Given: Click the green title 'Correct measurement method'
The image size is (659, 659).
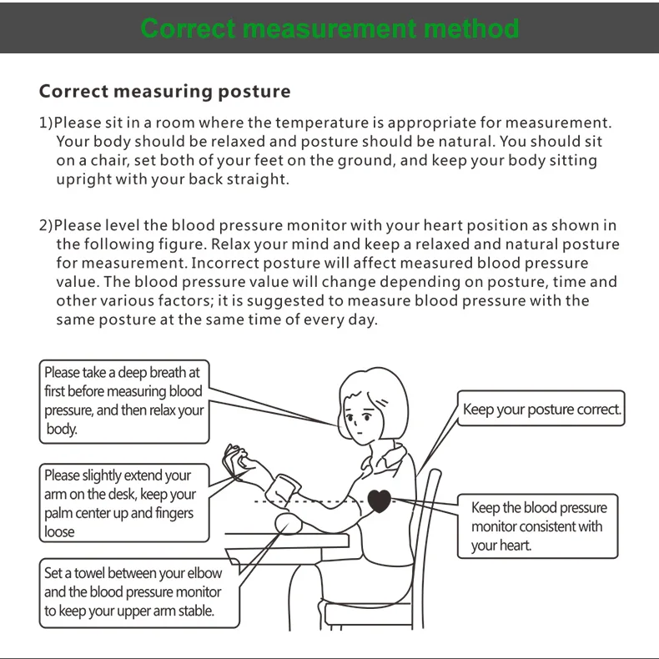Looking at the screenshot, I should tap(329, 28).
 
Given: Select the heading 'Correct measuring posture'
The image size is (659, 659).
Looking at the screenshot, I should tap(165, 91).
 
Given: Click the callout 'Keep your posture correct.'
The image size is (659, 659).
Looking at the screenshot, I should tap(541, 410).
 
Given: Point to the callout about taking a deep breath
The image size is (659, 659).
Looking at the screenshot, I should tap(123, 401).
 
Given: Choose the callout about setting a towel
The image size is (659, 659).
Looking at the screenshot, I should tap(133, 591).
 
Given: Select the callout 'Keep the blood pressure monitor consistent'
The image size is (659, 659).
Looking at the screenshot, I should tap(538, 526).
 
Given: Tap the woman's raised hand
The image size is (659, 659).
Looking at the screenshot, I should tap(236, 460).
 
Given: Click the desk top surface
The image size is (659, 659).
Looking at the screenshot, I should tap(284, 541).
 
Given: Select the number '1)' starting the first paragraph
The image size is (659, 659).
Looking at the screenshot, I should tap(47, 123).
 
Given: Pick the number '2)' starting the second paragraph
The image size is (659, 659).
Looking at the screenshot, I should tap(47, 225).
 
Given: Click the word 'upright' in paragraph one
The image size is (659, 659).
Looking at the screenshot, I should tap(81, 179).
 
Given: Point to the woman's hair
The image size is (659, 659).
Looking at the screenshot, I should tap(384, 392).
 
